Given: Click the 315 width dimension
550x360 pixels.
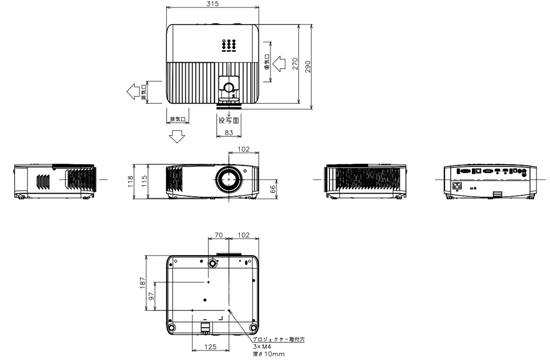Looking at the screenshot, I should [x=212, y=4].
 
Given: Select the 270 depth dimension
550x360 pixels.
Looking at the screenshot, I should [x=295, y=65].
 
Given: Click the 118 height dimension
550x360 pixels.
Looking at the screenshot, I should [x=131, y=181].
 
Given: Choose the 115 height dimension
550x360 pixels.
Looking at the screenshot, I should [x=144, y=181].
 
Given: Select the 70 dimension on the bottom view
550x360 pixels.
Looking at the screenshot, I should [x=218, y=235].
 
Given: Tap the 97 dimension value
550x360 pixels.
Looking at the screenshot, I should [x=152, y=296].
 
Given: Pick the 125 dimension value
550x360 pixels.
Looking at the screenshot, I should [x=210, y=347].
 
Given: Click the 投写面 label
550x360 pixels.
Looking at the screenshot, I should [x=228, y=120].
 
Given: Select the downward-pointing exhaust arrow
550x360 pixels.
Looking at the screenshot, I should [x=177, y=136].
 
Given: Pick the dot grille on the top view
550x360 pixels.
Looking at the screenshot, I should [x=229, y=45].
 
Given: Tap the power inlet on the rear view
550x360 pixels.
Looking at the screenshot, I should [x=457, y=186].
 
